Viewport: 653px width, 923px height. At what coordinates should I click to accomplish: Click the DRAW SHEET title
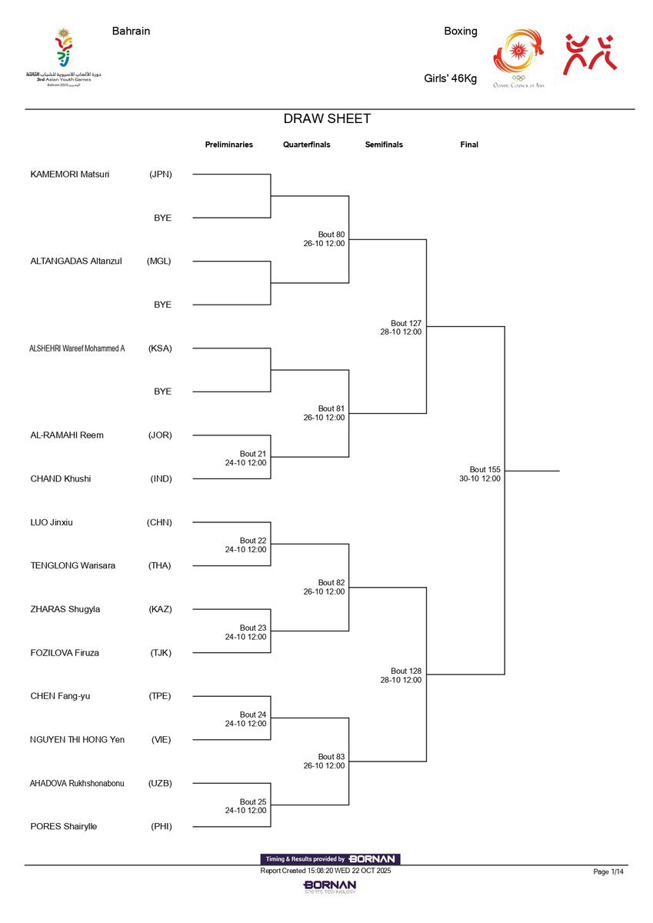(x=327, y=119)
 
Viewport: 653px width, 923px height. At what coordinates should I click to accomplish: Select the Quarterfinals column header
(x=306, y=145)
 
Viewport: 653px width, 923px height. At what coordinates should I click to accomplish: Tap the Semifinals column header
(x=384, y=145)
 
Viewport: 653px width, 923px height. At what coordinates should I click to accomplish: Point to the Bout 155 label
(x=485, y=469)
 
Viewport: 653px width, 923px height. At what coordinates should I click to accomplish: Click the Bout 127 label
(x=405, y=323)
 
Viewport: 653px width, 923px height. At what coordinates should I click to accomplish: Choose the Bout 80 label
(x=331, y=234)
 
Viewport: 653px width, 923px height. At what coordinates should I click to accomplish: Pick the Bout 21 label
(x=253, y=454)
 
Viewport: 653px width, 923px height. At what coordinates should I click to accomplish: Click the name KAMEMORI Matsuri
(x=70, y=174)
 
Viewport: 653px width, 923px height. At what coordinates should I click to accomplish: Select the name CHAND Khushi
(x=61, y=478)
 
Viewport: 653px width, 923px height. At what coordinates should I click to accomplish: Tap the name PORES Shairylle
(x=64, y=826)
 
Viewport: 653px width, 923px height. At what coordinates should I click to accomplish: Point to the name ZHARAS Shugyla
(x=65, y=609)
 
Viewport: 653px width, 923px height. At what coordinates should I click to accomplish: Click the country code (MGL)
(x=159, y=261)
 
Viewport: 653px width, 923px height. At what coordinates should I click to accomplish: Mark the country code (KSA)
(x=160, y=348)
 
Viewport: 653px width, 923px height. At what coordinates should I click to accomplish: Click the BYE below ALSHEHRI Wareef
(x=162, y=392)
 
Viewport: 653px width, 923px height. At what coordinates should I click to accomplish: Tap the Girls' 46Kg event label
(x=451, y=78)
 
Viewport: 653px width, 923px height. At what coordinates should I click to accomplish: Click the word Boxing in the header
(x=461, y=32)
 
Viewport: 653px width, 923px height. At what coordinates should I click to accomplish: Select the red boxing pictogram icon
(x=591, y=54)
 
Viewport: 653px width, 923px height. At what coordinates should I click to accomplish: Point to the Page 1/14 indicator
(x=608, y=871)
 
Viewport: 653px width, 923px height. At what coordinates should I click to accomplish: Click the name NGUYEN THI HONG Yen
(x=77, y=739)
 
